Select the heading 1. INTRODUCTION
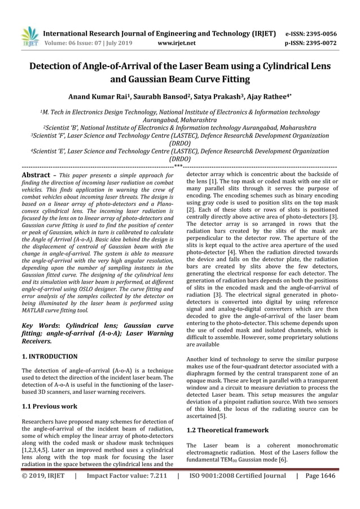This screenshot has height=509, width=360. tap(50, 357)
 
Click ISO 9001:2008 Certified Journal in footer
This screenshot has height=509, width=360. tap(236, 476)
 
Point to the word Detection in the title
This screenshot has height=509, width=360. tap(56, 67)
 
